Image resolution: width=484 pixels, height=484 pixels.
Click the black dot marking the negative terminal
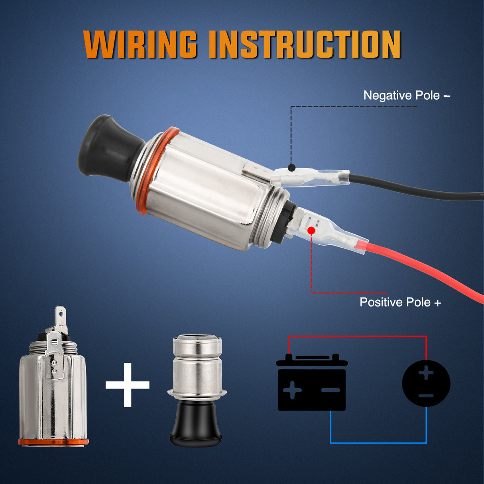[x=292, y=168]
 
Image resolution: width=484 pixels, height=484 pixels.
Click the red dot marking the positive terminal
[x=311, y=230]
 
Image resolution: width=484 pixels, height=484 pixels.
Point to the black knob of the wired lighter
[x=106, y=146]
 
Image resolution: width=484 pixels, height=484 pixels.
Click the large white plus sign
[x=128, y=385]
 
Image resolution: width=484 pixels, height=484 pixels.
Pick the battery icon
[x=311, y=383]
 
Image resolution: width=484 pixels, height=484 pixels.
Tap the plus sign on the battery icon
[x=292, y=390]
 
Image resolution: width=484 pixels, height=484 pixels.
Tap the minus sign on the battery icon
[x=331, y=390]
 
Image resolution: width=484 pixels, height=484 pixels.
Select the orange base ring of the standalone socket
[x=53, y=442]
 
